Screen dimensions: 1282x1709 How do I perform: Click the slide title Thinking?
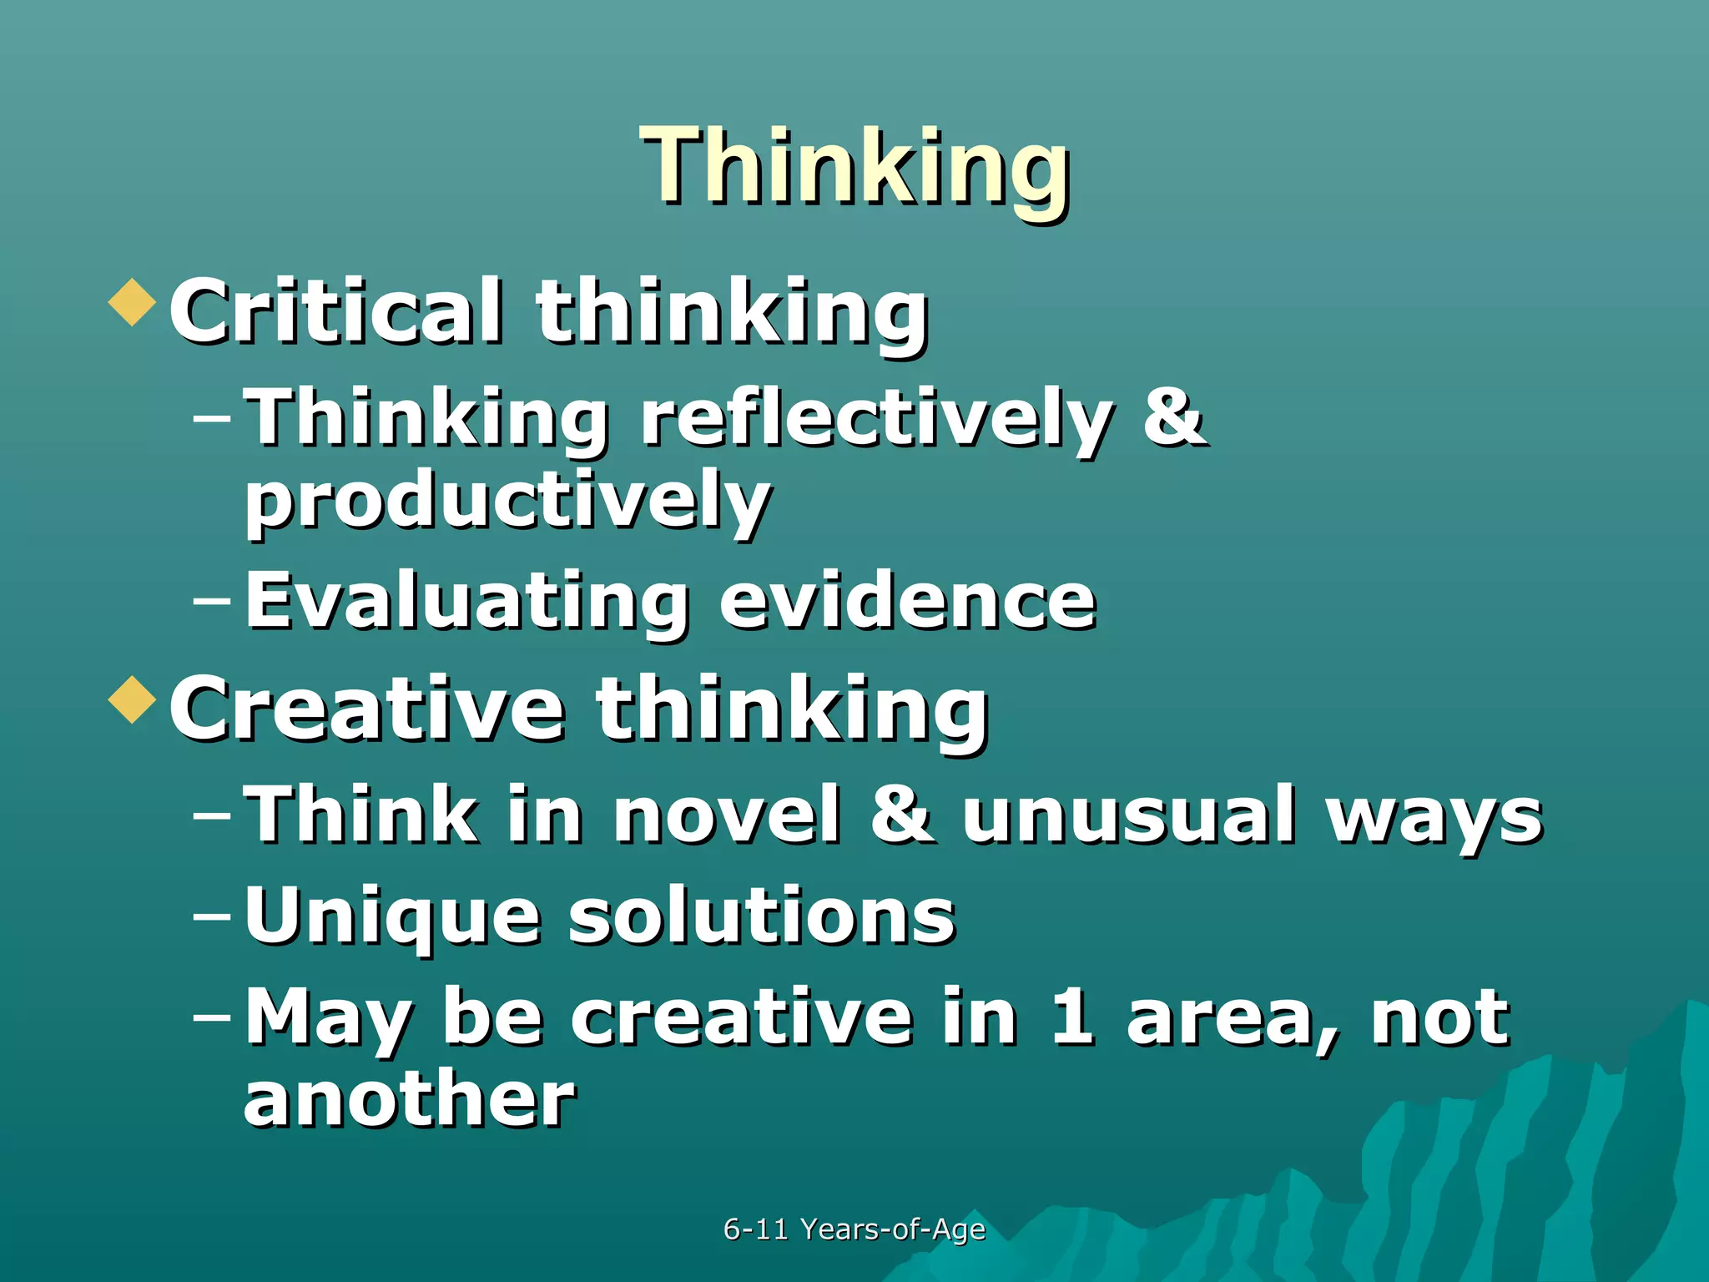click(x=854, y=167)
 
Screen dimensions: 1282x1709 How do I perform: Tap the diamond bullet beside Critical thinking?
click(x=133, y=301)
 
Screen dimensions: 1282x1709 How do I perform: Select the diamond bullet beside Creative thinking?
click(x=133, y=699)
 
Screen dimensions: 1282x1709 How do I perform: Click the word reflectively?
click(x=876, y=417)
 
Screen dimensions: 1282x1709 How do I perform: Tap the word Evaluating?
click(x=467, y=601)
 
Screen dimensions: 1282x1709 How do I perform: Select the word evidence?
click(x=908, y=601)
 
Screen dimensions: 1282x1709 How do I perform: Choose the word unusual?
click(x=1128, y=815)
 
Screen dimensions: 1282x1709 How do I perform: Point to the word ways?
click(x=1435, y=818)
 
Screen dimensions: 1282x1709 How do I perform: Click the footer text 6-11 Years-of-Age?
click(x=854, y=1229)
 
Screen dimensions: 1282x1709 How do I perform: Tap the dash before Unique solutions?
click(x=212, y=915)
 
